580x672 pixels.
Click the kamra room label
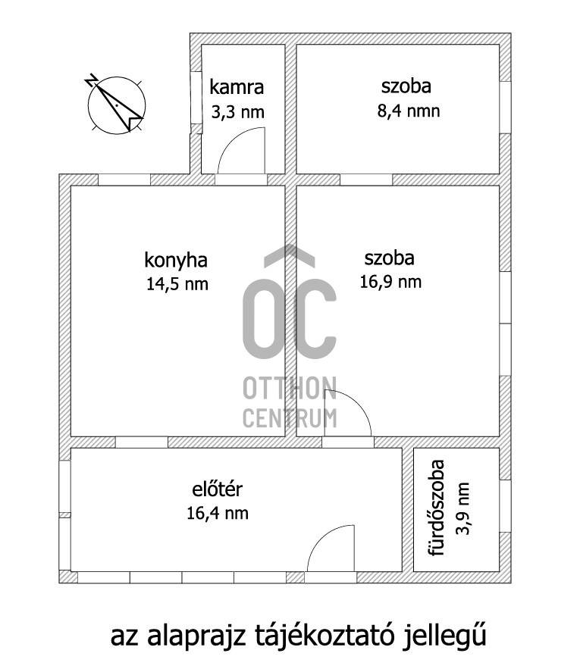(x=237, y=87)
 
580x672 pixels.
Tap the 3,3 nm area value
(x=237, y=112)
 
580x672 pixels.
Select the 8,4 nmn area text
(x=409, y=111)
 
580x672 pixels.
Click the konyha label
(x=176, y=260)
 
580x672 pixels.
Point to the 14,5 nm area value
(x=177, y=283)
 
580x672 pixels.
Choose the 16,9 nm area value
(x=390, y=282)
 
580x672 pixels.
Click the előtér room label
(x=217, y=489)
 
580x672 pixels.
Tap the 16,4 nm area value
(x=218, y=513)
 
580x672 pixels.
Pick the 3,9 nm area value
(x=463, y=508)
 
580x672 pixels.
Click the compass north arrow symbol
(x=116, y=104)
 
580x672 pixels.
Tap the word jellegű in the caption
(x=444, y=636)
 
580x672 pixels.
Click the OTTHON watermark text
(x=290, y=388)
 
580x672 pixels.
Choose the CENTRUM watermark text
(x=290, y=418)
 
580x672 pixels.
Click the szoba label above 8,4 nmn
(x=406, y=86)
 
